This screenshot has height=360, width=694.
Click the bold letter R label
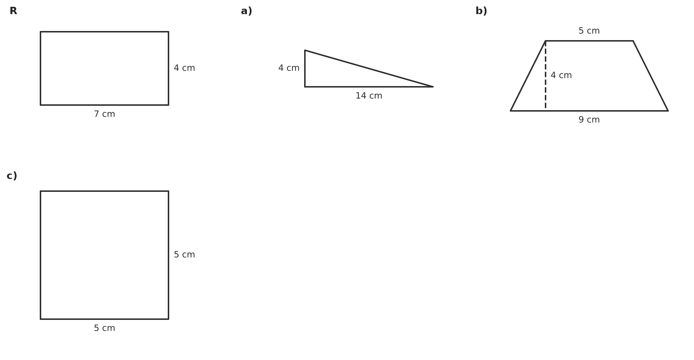click(13, 11)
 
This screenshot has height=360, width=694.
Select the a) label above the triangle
click(247, 11)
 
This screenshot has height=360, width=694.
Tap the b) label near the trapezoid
click(481, 11)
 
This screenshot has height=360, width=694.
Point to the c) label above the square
click(12, 176)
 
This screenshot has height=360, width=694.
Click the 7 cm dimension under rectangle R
click(105, 114)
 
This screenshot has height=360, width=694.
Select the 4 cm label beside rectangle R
click(185, 68)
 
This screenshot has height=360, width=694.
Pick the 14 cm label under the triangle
click(369, 96)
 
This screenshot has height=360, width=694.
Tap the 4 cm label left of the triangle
click(289, 68)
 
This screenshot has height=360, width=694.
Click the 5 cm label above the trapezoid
click(589, 31)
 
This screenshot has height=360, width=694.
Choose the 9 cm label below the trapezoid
click(589, 120)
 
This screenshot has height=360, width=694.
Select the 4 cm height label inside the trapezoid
click(561, 76)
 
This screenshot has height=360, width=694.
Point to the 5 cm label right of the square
click(185, 255)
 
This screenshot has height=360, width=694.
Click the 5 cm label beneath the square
click(105, 328)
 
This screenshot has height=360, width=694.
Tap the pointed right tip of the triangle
click(433, 87)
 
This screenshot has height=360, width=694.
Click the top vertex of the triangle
click(305, 50)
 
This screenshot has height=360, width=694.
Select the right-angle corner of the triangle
click(305, 87)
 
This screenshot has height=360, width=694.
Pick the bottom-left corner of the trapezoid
click(511, 111)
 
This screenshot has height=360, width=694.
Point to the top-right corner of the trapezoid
click(633, 41)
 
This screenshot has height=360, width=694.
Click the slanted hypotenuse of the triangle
click(369, 69)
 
